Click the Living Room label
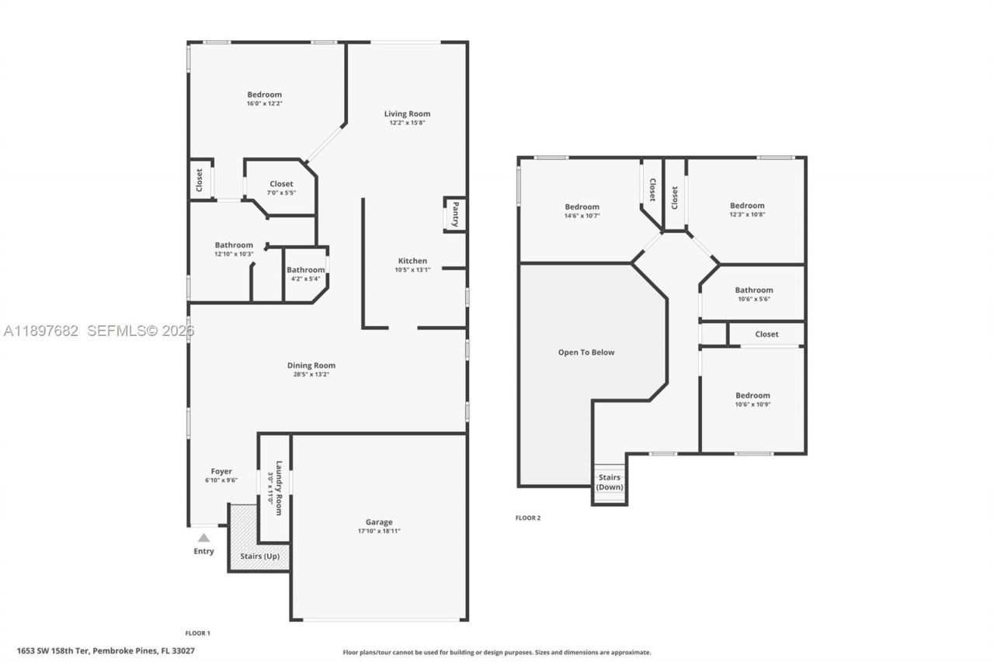click(x=407, y=114)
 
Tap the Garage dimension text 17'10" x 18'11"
click(x=379, y=531)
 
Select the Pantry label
click(x=455, y=213)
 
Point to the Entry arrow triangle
click(x=203, y=537)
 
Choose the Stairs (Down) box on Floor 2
click(x=609, y=482)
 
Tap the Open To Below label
click(x=586, y=352)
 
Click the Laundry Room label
click(x=278, y=488)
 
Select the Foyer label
click(x=221, y=471)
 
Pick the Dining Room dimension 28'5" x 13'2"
click(x=311, y=374)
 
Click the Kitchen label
click(x=412, y=261)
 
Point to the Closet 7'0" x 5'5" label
click(x=281, y=184)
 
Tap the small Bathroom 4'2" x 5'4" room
click(x=305, y=273)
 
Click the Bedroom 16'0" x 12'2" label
click(x=264, y=95)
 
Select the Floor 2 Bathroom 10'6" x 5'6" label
click(x=753, y=290)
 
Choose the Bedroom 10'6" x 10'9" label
click(x=752, y=395)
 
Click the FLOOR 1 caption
click(x=197, y=633)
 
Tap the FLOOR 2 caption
click(x=528, y=518)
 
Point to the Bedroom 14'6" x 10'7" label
click(x=582, y=206)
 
